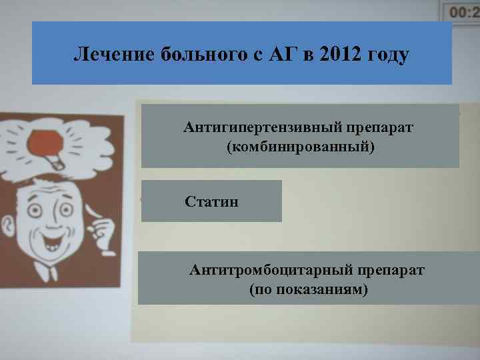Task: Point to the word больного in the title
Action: pyautogui.click(x=201, y=55)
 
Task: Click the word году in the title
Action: pyautogui.click(x=387, y=55)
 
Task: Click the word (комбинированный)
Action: pyautogui.click(x=301, y=145)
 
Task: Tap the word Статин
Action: pyautogui.click(x=211, y=201)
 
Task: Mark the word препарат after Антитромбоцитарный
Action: pyautogui.click(x=390, y=271)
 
